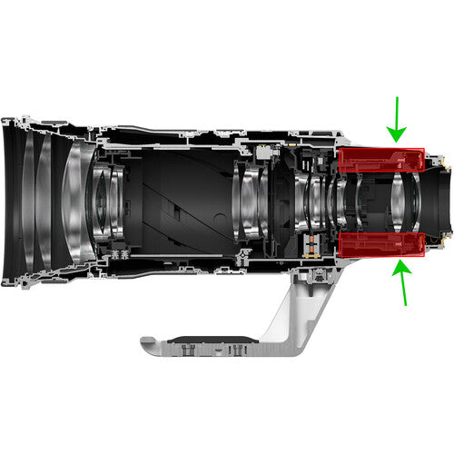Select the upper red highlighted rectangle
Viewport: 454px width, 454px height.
pos(381,161)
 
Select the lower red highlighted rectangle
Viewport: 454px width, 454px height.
pos(381,245)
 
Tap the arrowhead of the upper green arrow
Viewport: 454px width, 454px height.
pos(397,137)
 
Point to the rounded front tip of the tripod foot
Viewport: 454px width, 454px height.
pos(145,344)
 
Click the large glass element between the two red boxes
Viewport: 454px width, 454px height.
pos(400,202)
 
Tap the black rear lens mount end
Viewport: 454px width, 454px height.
pos(439,202)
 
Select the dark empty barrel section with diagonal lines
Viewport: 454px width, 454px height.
pos(177,202)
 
